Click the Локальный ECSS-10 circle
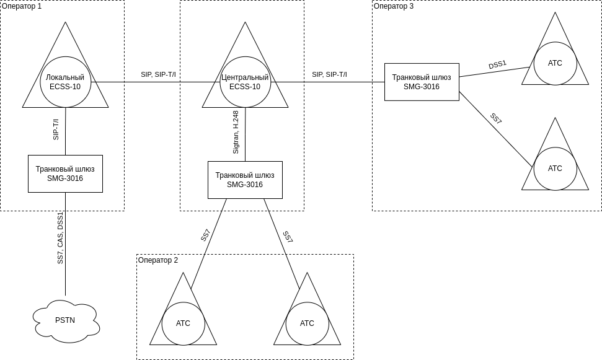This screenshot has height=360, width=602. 65,82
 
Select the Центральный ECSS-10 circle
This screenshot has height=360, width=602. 245,82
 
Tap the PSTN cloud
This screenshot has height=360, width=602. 65,320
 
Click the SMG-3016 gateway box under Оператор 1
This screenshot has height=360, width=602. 65,173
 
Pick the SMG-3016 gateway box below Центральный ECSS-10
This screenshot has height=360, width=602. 245,180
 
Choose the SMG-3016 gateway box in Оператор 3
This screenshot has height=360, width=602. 422,82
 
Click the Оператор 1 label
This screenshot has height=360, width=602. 22,6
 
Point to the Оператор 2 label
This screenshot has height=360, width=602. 158,260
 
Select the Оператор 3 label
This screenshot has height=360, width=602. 394,6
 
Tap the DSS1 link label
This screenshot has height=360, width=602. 497,64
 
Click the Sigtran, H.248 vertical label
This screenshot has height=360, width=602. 236,132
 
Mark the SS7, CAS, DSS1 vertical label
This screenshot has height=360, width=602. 60,238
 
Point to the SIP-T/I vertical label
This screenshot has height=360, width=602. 56,130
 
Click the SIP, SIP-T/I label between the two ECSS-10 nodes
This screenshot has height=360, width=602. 158,74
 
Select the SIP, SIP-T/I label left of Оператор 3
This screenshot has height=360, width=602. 329,74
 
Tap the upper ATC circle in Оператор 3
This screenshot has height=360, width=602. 555,63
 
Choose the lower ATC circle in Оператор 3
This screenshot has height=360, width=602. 555,169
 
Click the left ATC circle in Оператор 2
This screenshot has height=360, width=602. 183,323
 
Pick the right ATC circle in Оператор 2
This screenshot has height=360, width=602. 307,323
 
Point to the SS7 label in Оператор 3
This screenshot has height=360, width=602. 495,118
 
